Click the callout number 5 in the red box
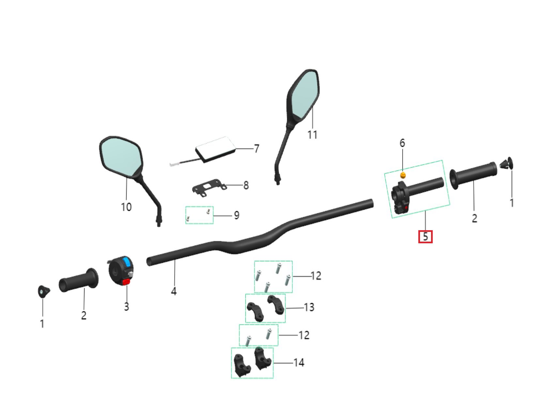[x=425, y=237]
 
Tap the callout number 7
[x=257, y=149]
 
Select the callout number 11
[x=312, y=134]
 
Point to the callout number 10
[x=126, y=207]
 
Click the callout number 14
[x=299, y=363]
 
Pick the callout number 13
[x=309, y=307]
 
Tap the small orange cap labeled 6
[x=403, y=175]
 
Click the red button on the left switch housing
[x=126, y=282]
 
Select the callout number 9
[x=237, y=215]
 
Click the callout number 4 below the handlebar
[x=174, y=291]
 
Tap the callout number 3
[x=127, y=307]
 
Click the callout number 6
[x=402, y=143]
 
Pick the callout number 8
[x=246, y=185]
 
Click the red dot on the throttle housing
[x=406, y=207]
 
